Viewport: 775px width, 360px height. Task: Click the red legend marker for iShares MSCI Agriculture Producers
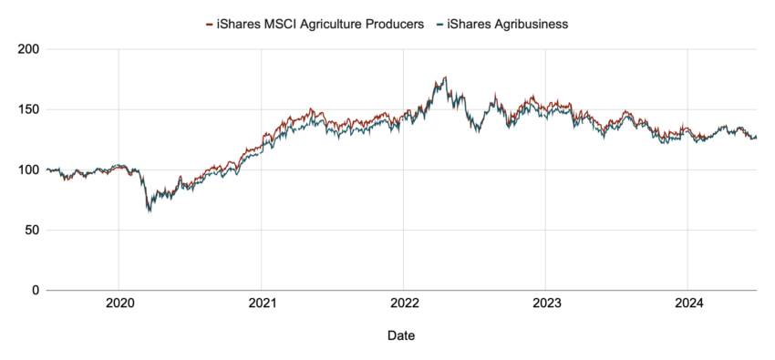tap(210, 25)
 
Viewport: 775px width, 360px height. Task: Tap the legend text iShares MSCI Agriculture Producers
tap(320, 25)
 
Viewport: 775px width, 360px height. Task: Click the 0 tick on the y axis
tap(35, 290)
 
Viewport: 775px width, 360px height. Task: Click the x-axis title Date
tap(401, 336)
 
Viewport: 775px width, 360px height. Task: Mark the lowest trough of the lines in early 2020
tap(149, 211)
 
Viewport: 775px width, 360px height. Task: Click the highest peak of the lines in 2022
tap(445, 77)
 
